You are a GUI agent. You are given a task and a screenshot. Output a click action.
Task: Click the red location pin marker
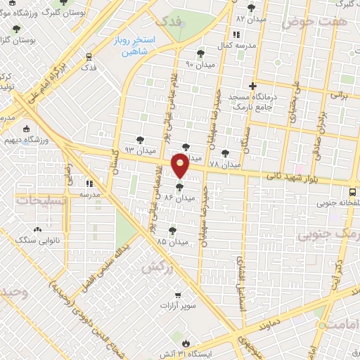(x=180, y=166)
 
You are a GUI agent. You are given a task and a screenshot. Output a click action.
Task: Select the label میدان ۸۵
(x=172, y=241)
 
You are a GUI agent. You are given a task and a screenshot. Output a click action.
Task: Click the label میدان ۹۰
(x=200, y=65)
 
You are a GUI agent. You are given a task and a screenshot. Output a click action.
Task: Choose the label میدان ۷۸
(x=225, y=165)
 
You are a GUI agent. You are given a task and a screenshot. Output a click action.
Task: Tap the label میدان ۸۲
(x=251, y=18)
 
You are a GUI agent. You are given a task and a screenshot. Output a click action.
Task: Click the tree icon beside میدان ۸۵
(x=172, y=230)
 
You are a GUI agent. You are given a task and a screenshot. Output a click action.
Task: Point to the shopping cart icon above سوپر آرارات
(x=178, y=295)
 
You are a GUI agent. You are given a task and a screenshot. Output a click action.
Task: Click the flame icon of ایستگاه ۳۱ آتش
(x=185, y=343)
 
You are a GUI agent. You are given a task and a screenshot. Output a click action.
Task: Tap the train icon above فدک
(x=89, y=56)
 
